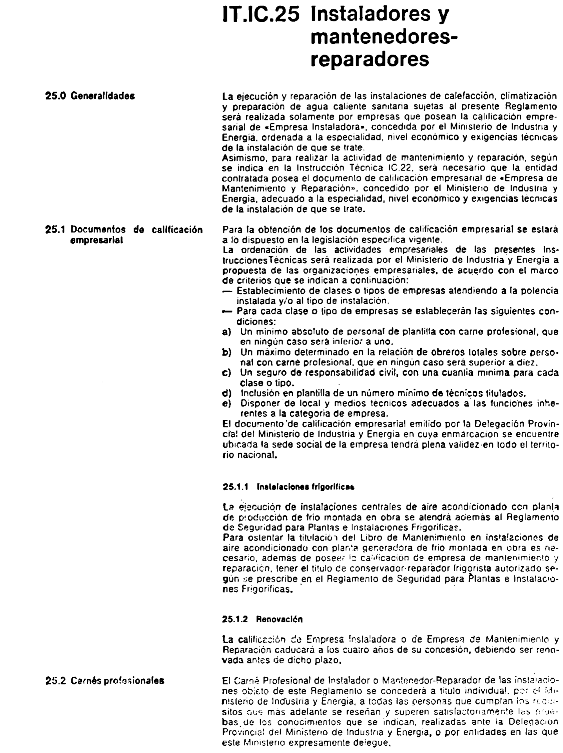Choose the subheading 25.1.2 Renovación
[262, 620]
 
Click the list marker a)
[227, 332]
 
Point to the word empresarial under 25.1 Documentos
[96, 240]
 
